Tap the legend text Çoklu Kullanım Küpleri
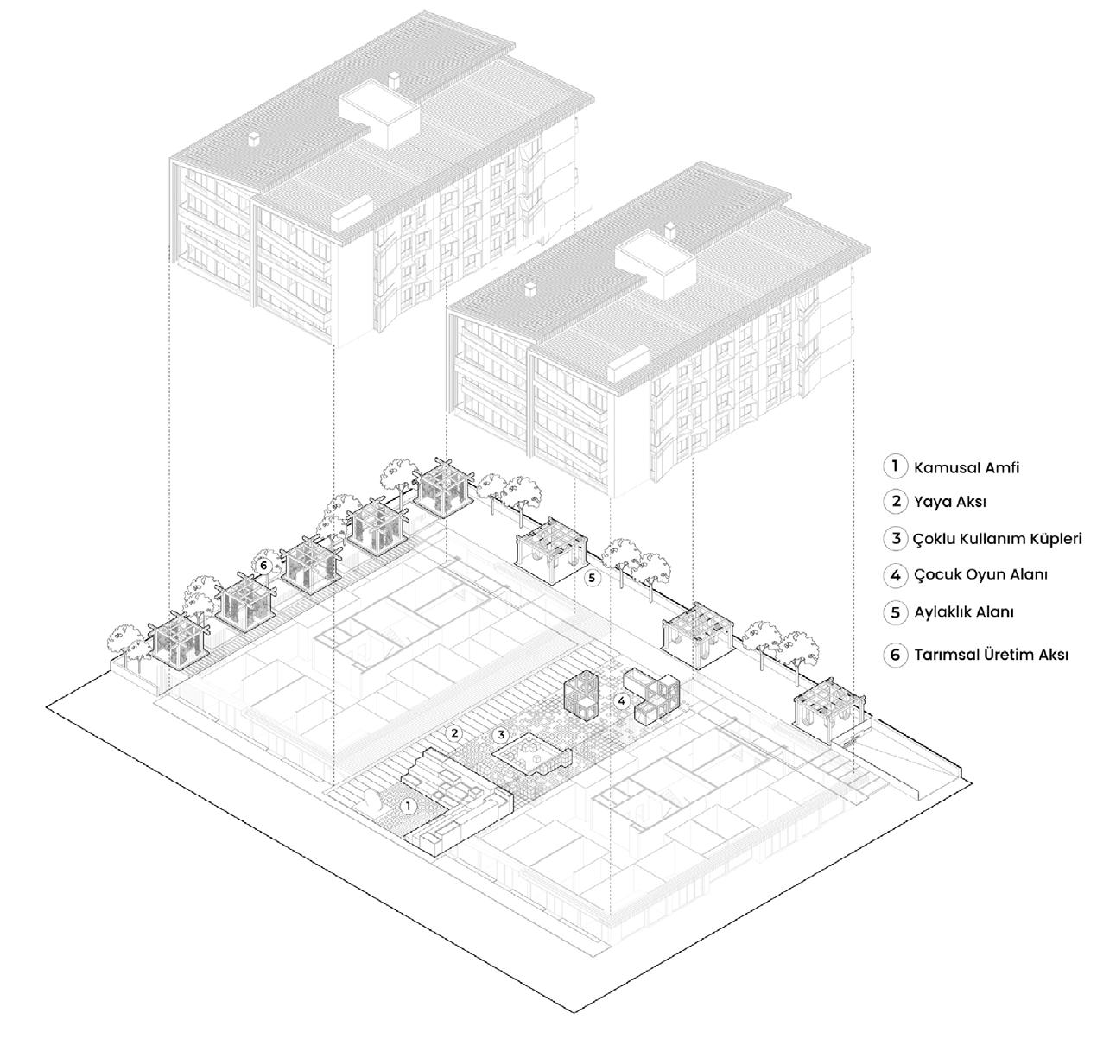point(997,539)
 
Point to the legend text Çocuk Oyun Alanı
point(980,574)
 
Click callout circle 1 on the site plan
point(409,805)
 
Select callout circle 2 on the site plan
point(454,733)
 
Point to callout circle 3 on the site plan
point(500,735)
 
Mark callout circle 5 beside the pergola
point(592,578)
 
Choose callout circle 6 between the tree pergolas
point(265,565)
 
